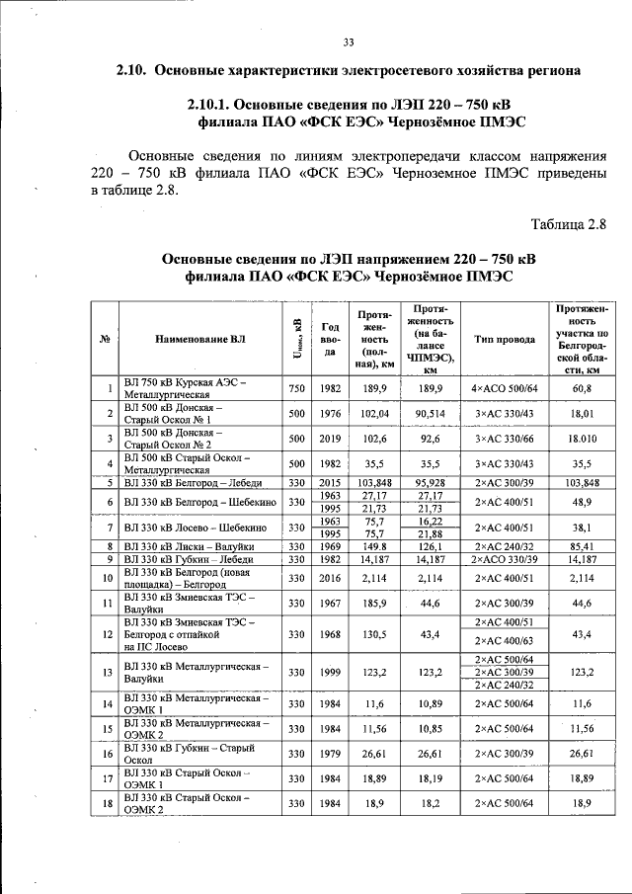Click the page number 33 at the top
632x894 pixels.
(348, 41)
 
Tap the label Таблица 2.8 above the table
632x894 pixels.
(567, 222)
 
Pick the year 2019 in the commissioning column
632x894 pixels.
(331, 438)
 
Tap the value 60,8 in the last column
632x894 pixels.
(581, 388)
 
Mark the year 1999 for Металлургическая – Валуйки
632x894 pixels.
(331, 672)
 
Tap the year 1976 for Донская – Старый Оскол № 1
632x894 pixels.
(331, 413)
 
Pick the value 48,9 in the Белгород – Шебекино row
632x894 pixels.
(581, 502)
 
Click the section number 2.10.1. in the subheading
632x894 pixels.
(218, 105)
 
